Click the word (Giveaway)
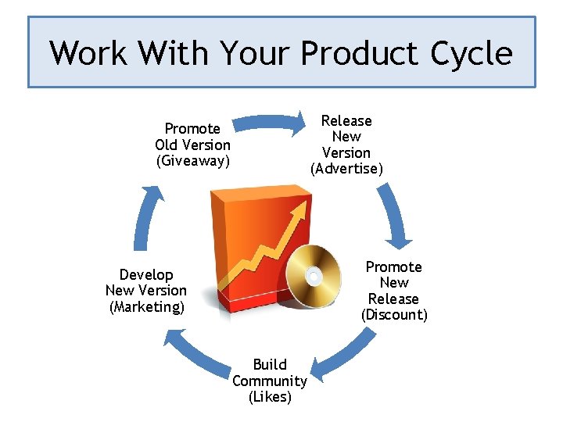coord(193,161)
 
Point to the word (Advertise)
coord(346,169)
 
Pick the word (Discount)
coord(394,315)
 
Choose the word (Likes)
coord(270,397)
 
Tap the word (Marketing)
coord(147,306)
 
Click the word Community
coord(270,381)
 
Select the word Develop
coord(146,274)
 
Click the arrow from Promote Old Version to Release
coord(270,122)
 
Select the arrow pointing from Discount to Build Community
coord(344,352)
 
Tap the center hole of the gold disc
coord(314,276)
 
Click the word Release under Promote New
coord(394,299)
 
